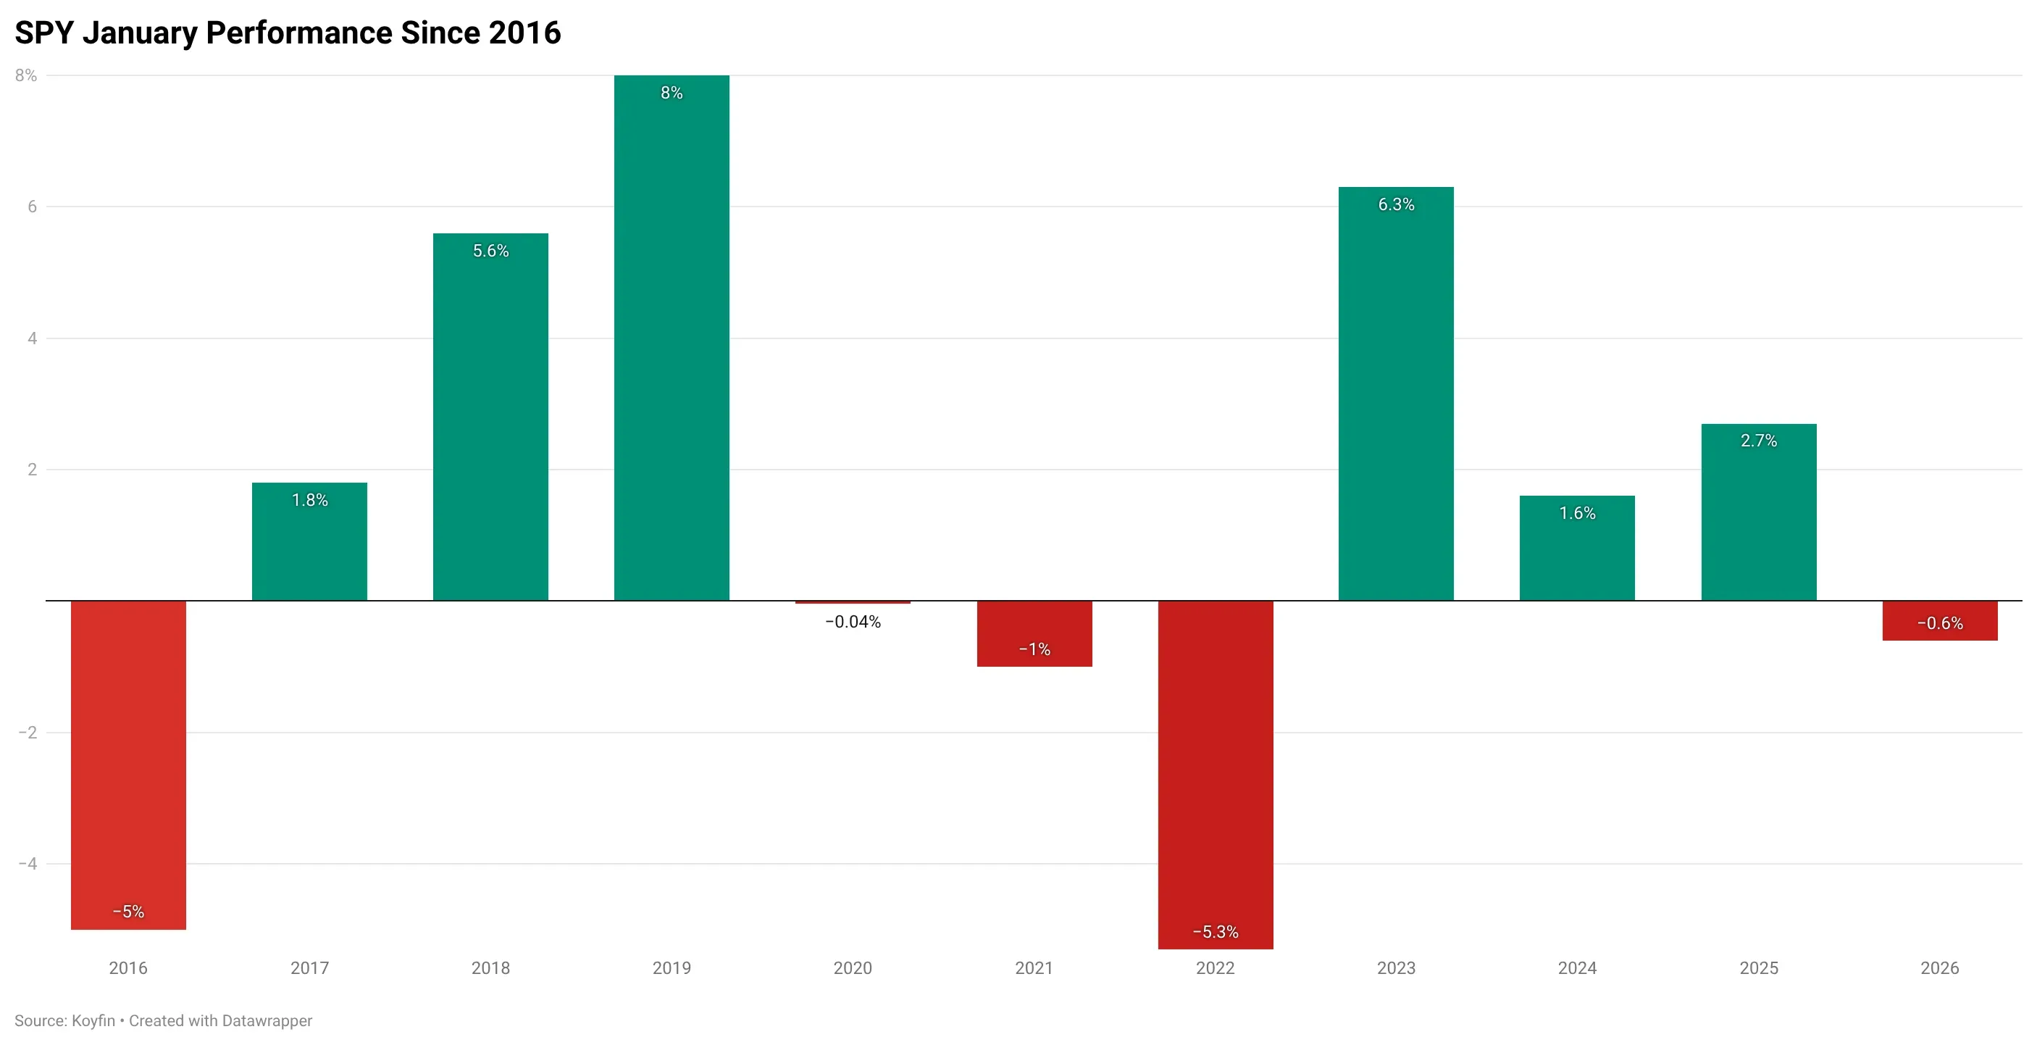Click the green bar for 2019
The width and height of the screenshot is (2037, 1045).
tap(672, 340)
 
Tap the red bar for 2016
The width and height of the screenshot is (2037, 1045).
tap(128, 759)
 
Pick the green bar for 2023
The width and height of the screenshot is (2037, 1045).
tap(1396, 396)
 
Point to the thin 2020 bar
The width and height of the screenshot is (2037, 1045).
tap(853, 603)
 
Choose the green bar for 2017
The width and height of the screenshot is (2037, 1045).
tap(309, 546)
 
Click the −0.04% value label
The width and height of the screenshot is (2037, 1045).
tap(853, 623)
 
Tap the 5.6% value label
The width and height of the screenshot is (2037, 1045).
tap(490, 251)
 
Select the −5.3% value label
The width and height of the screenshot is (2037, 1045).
tap(1216, 933)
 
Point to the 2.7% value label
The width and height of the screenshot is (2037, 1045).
tap(1759, 441)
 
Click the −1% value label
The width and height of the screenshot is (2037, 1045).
tap(1034, 650)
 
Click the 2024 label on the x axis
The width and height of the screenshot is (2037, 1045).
tap(1577, 968)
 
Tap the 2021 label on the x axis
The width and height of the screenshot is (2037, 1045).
tap(1034, 968)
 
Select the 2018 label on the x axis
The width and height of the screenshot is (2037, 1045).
tap(490, 968)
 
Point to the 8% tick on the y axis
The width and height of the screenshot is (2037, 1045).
tap(26, 76)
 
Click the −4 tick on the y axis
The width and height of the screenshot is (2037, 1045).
tap(28, 864)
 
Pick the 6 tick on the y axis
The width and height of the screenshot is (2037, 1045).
tap(33, 207)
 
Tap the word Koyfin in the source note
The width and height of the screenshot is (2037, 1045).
tap(93, 1021)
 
